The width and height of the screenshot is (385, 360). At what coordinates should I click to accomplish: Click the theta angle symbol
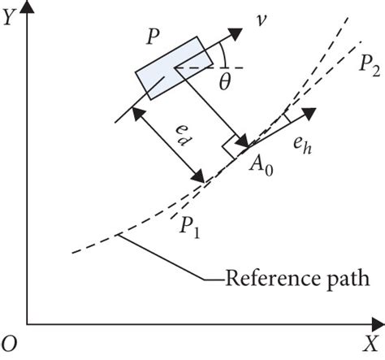click(x=227, y=83)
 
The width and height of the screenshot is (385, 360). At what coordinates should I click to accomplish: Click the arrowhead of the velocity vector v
click(x=236, y=35)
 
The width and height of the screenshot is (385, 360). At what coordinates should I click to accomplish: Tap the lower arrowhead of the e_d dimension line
click(x=197, y=176)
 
